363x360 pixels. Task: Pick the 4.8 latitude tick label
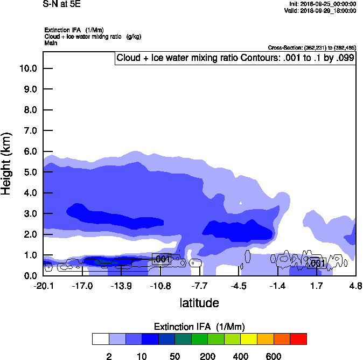pyautogui.click(x=355, y=286)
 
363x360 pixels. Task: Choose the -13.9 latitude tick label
pyautogui.click(x=121, y=286)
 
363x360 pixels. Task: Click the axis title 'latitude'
pyautogui.click(x=199, y=303)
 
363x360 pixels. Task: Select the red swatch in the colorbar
pyautogui.click(x=298, y=338)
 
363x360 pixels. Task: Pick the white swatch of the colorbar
pyautogui.click(x=100, y=338)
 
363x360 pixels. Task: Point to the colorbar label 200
pyautogui.click(x=207, y=356)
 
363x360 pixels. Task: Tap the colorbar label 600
pyautogui.click(x=274, y=356)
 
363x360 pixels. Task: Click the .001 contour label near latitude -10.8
pyautogui.click(x=162, y=259)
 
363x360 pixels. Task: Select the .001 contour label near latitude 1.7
pyautogui.click(x=316, y=263)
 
